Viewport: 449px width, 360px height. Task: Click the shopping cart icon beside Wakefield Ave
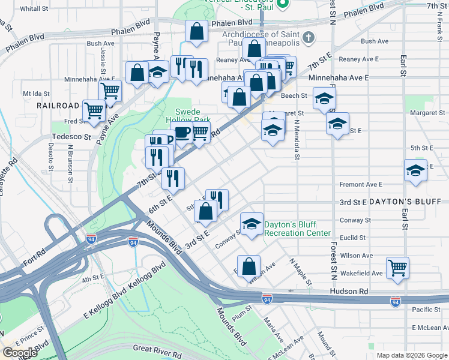[x=397, y=268]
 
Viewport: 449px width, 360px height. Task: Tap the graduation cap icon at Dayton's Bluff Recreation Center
[x=252, y=224]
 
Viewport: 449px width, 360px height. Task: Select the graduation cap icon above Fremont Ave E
[x=415, y=170]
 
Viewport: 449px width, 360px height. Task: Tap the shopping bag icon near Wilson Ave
[x=248, y=266]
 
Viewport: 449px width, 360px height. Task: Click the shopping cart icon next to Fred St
[x=94, y=110]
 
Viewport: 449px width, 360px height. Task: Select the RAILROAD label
[x=58, y=105]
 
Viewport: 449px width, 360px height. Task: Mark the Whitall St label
[x=34, y=9]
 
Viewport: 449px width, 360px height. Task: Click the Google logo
[x=19, y=353]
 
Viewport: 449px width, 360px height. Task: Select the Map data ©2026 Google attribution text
[x=412, y=355]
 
